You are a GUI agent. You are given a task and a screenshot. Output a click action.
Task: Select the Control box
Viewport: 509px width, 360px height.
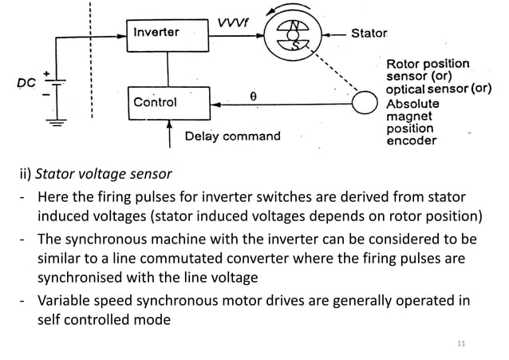(x=156, y=102)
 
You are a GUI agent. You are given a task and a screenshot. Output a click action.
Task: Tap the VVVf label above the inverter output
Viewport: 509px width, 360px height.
(x=231, y=24)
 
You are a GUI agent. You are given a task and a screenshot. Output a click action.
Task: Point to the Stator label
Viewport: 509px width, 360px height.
(x=369, y=34)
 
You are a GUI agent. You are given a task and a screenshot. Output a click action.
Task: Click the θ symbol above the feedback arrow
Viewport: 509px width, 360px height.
(x=252, y=94)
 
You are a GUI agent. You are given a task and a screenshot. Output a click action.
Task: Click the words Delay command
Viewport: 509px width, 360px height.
(x=233, y=136)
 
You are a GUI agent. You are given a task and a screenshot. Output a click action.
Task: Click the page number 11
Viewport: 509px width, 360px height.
(x=460, y=344)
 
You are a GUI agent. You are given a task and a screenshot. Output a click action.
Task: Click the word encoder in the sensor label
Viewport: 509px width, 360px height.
(x=411, y=141)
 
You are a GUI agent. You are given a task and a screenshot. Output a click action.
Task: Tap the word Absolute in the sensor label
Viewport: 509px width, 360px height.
(x=412, y=104)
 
